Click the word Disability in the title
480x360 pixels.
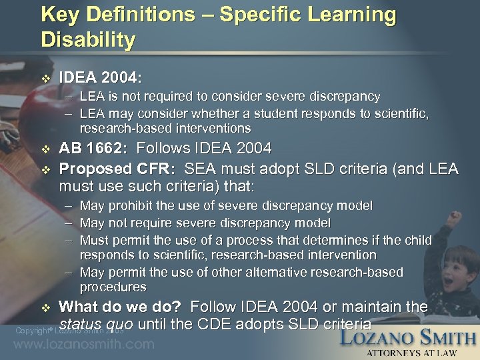point(88,39)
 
